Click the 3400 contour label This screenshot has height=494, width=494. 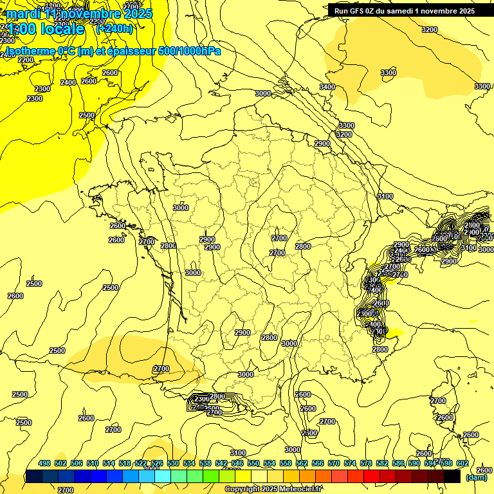[x=327, y=87]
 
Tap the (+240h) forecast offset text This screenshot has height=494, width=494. [x=114, y=28]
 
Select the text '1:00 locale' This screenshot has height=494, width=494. [x=46, y=28]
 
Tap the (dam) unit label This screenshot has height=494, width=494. [x=476, y=477]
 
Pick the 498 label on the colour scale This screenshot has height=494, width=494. [x=44, y=464]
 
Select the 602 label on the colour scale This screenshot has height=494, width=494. [x=462, y=464]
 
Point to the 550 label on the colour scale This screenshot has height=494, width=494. [x=253, y=464]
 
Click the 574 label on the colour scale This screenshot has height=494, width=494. [x=350, y=464]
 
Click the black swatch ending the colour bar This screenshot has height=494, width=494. [x=452, y=477]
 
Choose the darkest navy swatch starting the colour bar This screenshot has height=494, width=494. [x=33, y=477]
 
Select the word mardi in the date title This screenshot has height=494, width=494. [x=23, y=14]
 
